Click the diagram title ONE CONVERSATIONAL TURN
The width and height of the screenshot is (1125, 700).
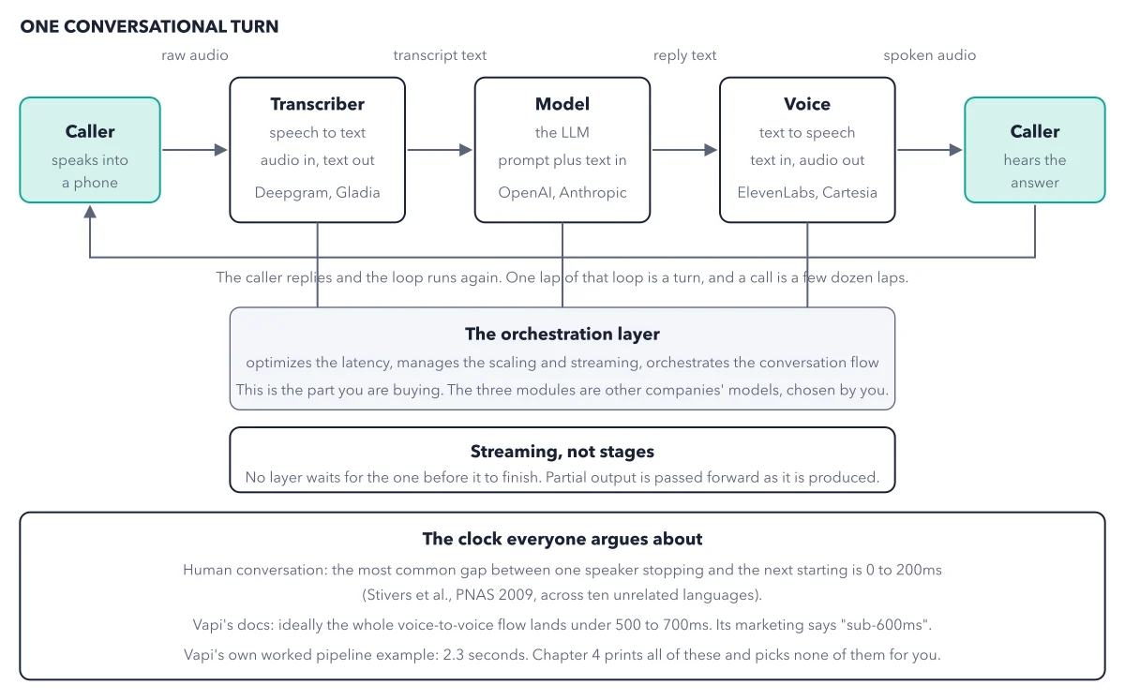pos(149,26)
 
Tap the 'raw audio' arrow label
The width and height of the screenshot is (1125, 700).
pos(195,55)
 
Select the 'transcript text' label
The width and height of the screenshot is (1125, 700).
pos(440,55)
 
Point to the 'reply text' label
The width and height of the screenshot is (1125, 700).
pos(684,55)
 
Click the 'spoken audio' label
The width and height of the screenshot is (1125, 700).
pos(930,55)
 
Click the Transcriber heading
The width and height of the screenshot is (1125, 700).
pos(318,104)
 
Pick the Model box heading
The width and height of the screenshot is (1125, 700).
pos(562,104)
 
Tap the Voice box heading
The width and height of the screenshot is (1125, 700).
pos(807,104)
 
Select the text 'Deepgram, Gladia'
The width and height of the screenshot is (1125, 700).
pos(318,192)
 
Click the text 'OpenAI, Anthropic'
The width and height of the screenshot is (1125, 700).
pos(562,192)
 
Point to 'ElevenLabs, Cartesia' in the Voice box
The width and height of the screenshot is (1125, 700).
pos(807,192)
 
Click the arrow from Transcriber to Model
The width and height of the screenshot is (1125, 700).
pos(440,150)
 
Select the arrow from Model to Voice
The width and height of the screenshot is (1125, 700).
pos(684,150)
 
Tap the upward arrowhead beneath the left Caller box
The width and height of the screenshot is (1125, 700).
pos(90,212)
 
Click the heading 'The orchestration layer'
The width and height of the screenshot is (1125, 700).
pos(562,334)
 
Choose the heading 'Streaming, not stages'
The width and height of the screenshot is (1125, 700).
pos(562,452)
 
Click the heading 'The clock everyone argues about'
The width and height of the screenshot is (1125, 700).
pos(562,539)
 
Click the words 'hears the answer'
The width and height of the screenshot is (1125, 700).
pos(1035,171)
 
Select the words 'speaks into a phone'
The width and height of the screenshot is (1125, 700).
pos(90,171)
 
